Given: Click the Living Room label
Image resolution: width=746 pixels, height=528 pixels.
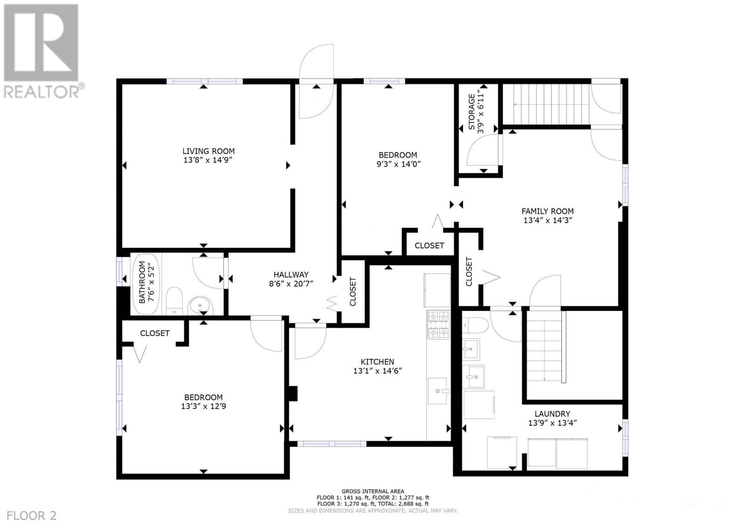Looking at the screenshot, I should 208,151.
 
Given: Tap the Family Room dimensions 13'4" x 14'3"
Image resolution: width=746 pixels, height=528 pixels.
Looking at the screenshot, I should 547,220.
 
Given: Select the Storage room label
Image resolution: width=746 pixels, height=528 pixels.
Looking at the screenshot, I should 472,112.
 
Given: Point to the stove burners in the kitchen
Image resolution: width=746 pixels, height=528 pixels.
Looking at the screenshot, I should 438,325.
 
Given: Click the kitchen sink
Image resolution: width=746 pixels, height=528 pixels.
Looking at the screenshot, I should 438,391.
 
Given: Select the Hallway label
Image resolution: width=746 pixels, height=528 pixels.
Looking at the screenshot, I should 291,275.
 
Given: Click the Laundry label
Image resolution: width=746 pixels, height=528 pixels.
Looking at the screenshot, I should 552,414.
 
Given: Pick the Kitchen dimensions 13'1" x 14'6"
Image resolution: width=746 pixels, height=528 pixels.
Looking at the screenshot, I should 377,371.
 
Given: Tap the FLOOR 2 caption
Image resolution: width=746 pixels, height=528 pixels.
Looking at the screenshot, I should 32,515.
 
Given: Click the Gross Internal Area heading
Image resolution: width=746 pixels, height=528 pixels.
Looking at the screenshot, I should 373,491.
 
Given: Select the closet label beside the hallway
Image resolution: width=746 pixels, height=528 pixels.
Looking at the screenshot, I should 353,292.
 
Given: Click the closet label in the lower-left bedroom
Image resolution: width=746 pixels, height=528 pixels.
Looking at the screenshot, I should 155,333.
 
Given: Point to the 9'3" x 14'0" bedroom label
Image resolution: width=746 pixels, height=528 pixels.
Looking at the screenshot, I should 398,155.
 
